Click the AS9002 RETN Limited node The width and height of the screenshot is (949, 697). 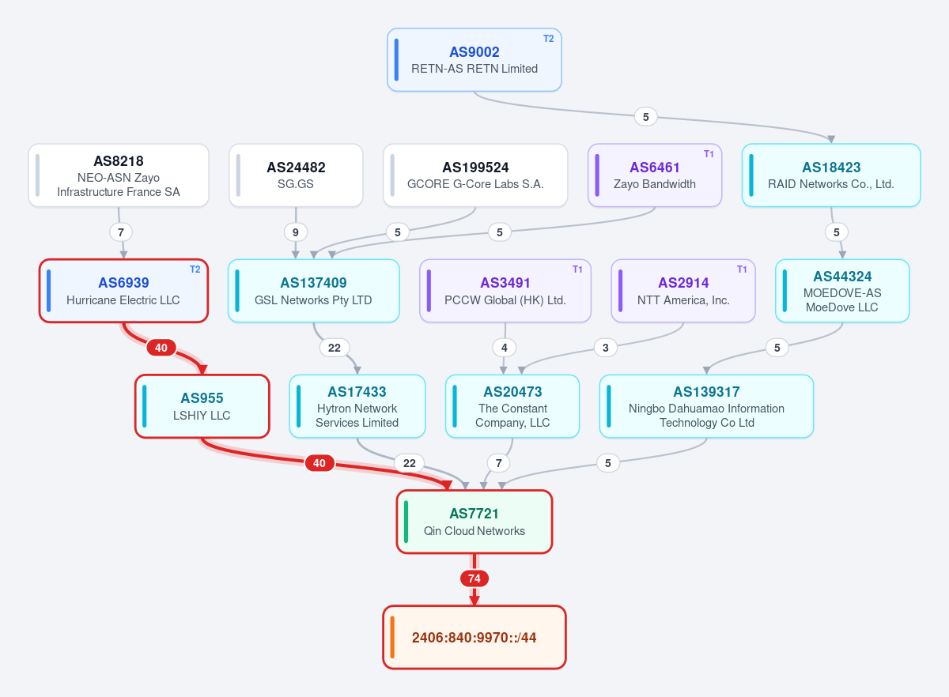474,60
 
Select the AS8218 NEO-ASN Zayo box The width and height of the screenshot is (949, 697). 119,175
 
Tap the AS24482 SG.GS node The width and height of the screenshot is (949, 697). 296,175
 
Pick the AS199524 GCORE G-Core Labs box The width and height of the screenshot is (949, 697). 475,175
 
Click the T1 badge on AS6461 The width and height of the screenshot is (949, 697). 709,154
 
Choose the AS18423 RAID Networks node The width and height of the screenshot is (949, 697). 831,175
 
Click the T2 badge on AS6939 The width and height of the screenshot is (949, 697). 195,269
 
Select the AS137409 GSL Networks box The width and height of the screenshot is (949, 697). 313,291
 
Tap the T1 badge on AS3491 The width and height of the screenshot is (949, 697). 577,269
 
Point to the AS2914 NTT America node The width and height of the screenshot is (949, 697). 683,291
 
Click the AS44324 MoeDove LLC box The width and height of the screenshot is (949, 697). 842,291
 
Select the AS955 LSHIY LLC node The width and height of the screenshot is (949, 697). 202,406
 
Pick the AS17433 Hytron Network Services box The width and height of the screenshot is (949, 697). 357,406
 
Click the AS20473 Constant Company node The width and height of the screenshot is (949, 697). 512,406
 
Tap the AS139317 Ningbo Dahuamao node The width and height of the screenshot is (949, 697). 706,406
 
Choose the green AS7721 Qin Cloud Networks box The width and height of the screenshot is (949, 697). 474,522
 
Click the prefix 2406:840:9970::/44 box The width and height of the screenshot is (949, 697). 474,637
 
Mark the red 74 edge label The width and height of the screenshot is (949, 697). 474,578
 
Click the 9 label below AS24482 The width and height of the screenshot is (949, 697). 295,232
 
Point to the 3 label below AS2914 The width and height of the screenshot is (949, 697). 606,348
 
